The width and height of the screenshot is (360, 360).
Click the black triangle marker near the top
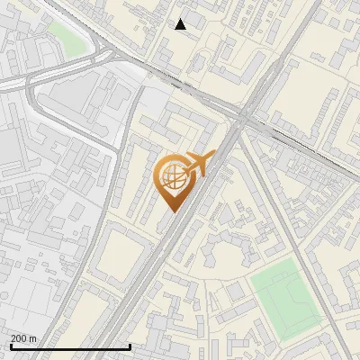[181, 24]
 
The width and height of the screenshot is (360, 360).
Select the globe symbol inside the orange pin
[171, 177]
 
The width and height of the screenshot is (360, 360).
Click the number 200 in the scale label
[20, 338]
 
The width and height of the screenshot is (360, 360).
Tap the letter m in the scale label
[34, 338]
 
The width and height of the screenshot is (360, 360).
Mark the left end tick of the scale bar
[11, 346]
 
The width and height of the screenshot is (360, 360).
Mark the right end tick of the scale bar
[130, 346]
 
